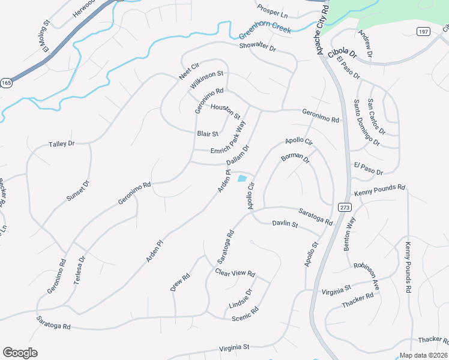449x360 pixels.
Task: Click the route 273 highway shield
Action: click(x=343, y=207)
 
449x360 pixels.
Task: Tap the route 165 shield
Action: click(x=6, y=83)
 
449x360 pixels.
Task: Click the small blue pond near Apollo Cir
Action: click(x=242, y=178)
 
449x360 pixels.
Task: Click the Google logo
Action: click(x=20, y=353)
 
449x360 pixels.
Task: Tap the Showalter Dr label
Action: click(x=257, y=47)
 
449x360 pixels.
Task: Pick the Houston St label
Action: click(x=226, y=111)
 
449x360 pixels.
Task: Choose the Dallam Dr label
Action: click(x=238, y=155)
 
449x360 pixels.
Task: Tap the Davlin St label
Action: click(x=285, y=224)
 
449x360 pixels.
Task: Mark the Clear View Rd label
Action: click(x=235, y=272)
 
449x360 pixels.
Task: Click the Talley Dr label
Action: click(x=61, y=144)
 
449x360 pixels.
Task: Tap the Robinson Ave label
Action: click(x=366, y=276)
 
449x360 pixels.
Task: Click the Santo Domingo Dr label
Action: click(x=366, y=123)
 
